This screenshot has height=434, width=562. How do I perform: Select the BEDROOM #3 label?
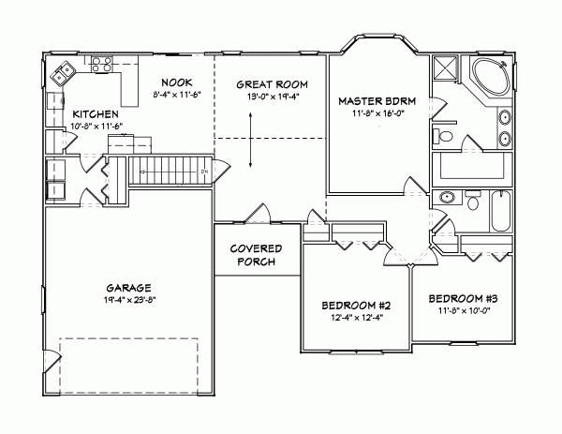point(462,298)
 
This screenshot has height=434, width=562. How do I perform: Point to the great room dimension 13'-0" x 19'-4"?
point(267,97)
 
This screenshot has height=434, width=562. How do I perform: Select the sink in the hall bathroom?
point(448,199)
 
